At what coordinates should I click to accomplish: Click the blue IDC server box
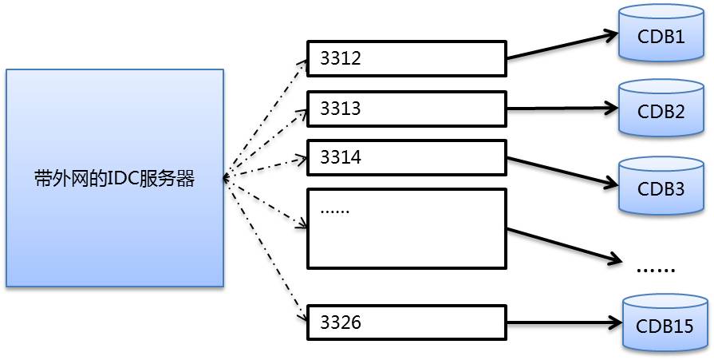coord(115,177)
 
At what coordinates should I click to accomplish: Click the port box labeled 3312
coord(407,58)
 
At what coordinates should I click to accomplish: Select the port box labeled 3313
coord(407,109)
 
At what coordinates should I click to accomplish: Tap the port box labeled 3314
coord(407,157)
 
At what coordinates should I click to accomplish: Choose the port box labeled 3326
coord(407,322)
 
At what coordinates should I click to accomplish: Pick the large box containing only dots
coord(407,227)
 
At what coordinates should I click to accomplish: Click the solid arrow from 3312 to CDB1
coord(562,46)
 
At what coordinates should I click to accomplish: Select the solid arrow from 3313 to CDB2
coord(562,108)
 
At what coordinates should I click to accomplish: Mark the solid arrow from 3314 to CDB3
coord(562,170)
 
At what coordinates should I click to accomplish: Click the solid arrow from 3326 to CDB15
coord(562,323)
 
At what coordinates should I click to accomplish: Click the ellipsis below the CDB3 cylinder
coord(655,269)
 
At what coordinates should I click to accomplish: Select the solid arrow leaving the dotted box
coord(562,244)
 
